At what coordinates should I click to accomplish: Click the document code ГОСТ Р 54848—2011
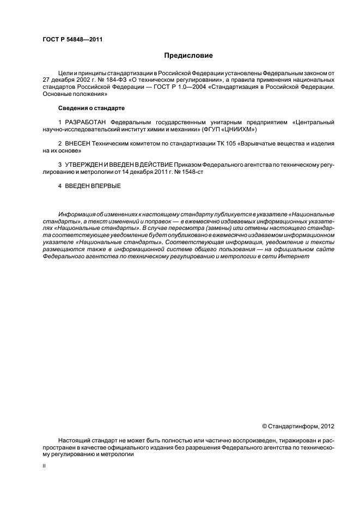[x=72, y=40]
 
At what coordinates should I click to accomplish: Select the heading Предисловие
[x=188, y=56]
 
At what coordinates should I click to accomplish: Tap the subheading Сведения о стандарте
[x=88, y=108]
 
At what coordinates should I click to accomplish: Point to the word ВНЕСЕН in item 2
[x=77, y=143]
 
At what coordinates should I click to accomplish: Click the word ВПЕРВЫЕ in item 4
[x=105, y=186]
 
